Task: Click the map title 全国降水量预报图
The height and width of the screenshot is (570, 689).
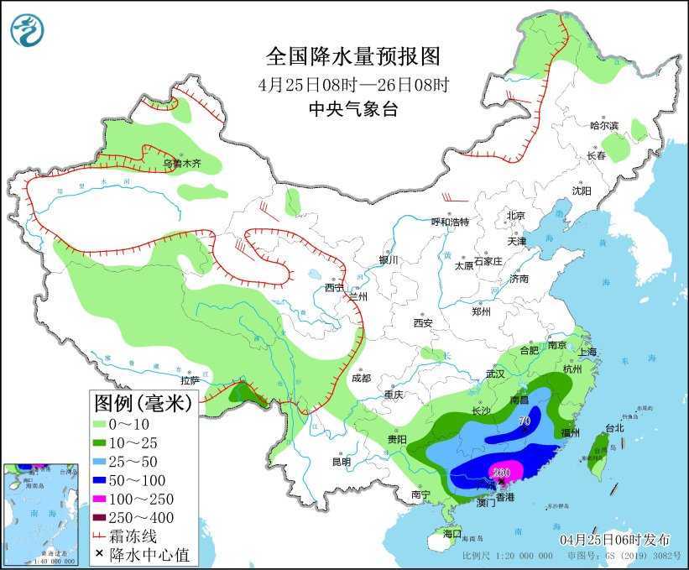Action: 352,56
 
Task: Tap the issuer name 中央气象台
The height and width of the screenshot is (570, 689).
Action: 352,108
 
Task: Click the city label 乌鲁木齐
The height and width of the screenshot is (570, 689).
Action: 182,164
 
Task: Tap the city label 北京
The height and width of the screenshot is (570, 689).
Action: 515,216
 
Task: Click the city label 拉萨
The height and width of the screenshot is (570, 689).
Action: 190,380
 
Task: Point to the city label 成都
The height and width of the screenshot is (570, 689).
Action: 361,378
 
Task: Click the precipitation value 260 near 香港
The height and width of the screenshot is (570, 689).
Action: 502,472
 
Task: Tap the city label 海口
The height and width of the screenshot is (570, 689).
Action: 452,533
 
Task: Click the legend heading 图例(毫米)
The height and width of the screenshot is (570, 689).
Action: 143,403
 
